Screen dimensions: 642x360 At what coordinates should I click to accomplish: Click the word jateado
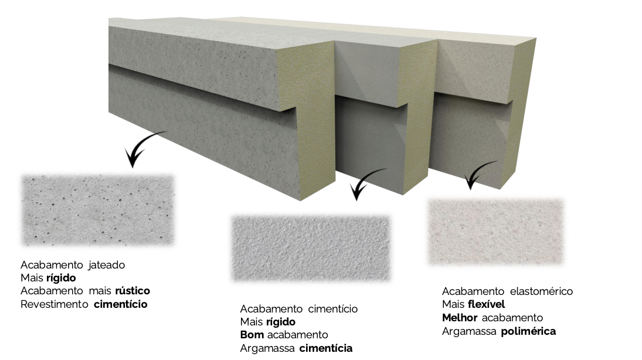[x=107, y=266]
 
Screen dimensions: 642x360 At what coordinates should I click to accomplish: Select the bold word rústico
[x=133, y=291]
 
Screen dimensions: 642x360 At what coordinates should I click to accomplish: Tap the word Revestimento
[x=55, y=304]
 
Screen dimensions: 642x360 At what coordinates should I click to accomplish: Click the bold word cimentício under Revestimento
[x=120, y=304]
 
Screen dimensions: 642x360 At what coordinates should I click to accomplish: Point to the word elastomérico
[x=541, y=291]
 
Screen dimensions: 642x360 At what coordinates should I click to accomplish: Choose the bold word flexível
[x=487, y=304]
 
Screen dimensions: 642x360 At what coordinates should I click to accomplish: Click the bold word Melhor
[x=460, y=318]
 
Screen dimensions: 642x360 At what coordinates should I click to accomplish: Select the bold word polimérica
[x=528, y=332]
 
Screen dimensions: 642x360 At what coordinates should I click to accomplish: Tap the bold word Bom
[x=252, y=335]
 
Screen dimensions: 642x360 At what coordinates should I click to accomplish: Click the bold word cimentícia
[x=326, y=348]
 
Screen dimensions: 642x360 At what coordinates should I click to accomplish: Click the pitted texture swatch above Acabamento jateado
[x=97, y=210]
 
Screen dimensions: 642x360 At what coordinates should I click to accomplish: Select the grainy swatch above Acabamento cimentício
[x=311, y=248]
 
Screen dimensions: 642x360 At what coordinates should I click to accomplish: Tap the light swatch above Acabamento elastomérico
[x=495, y=232]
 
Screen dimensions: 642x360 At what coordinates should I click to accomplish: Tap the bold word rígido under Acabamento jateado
[x=61, y=278]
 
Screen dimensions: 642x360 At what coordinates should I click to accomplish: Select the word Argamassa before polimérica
[x=469, y=331]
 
